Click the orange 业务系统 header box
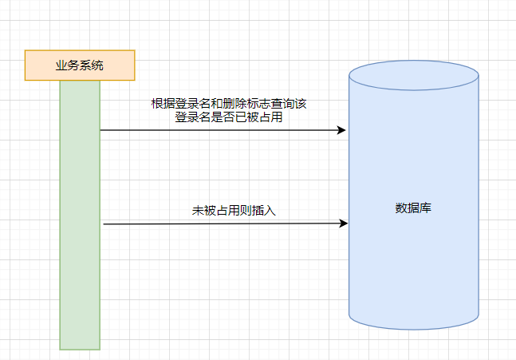tap(80, 65)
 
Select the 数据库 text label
tap(414, 208)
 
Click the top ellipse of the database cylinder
tap(414, 76)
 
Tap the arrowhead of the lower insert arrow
tap(344, 224)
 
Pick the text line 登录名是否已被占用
tap(228, 117)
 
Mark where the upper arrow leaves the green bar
tap(100, 130)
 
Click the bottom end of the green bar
tap(80, 347)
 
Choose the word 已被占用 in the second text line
tap(259, 117)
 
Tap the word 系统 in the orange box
tap(92, 65)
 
